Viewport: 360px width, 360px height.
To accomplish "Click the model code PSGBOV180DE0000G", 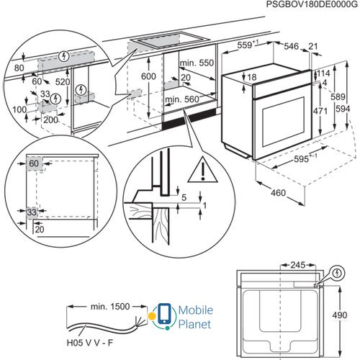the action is click(312, 5).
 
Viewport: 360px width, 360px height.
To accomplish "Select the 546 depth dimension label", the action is click(292, 46).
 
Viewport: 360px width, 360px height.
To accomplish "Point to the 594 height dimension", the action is click(343, 109).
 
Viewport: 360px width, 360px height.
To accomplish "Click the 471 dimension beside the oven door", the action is click(320, 111).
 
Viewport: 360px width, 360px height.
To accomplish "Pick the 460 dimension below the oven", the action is click(279, 192).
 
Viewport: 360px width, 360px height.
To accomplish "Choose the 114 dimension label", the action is click(323, 73).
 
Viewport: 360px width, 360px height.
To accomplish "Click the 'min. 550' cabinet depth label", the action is click(197, 63).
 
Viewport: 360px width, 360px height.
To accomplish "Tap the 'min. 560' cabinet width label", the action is click(182, 99).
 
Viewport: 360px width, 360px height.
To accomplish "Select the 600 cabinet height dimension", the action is click(148, 76).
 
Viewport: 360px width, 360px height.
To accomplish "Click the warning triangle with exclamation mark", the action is click(203, 169).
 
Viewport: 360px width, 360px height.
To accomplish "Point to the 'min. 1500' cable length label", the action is click(110, 307).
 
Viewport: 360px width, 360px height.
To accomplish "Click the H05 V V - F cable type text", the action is click(90, 343).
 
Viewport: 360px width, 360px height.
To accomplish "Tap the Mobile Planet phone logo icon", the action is click(164, 316).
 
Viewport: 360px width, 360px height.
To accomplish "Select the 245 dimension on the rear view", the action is click(298, 265).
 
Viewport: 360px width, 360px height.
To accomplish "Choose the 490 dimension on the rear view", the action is click(340, 315).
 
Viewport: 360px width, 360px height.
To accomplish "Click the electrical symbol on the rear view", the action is click(338, 273).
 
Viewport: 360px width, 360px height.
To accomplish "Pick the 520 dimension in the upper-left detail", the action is click(63, 82).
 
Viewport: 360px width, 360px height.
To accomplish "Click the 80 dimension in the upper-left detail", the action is click(19, 68).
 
